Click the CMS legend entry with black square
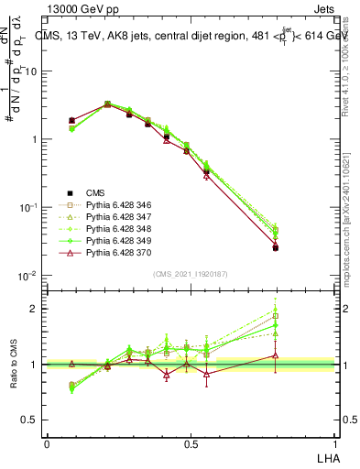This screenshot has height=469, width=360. pyautogui.click(x=96, y=192)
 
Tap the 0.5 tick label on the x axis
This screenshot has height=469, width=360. pyautogui.click(x=191, y=442)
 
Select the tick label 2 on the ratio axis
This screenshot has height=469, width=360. pyautogui.click(x=34, y=309)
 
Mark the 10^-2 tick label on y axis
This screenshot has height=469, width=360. pyautogui.click(x=27, y=276)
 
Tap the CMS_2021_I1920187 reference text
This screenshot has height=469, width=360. pyautogui.click(x=191, y=274)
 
